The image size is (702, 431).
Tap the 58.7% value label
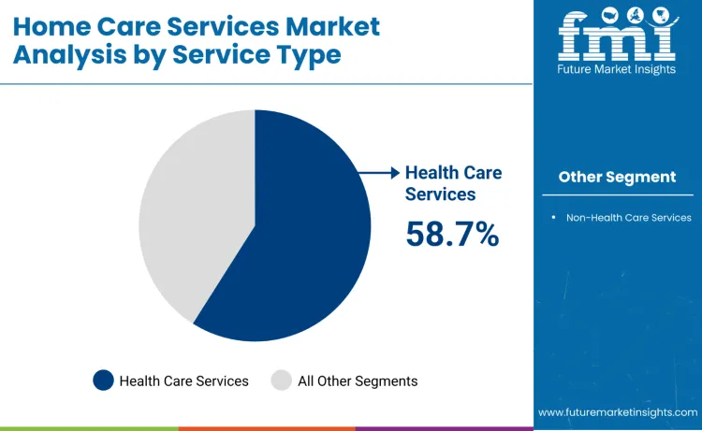click(x=452, y=234)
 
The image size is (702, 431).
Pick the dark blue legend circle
click(x=103, y=381)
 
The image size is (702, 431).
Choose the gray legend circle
click(x=282, y=381)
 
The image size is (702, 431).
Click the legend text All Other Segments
click(x=358, y=381)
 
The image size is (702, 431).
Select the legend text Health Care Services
click(x=184, y=381)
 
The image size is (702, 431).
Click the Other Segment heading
click(x=617, y=177)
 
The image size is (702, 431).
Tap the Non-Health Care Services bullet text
click(x=628, y=218)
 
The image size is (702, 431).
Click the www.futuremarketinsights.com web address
click(x=618, y=412)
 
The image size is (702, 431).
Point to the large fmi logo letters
click(x=616, y=35)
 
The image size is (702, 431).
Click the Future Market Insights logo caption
click(x=617, y=70)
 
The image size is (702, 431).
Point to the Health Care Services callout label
click(x=453, y=183)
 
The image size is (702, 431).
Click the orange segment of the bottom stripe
click(x=267, y=428)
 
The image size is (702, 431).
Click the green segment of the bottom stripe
click(x=89, y=428)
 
